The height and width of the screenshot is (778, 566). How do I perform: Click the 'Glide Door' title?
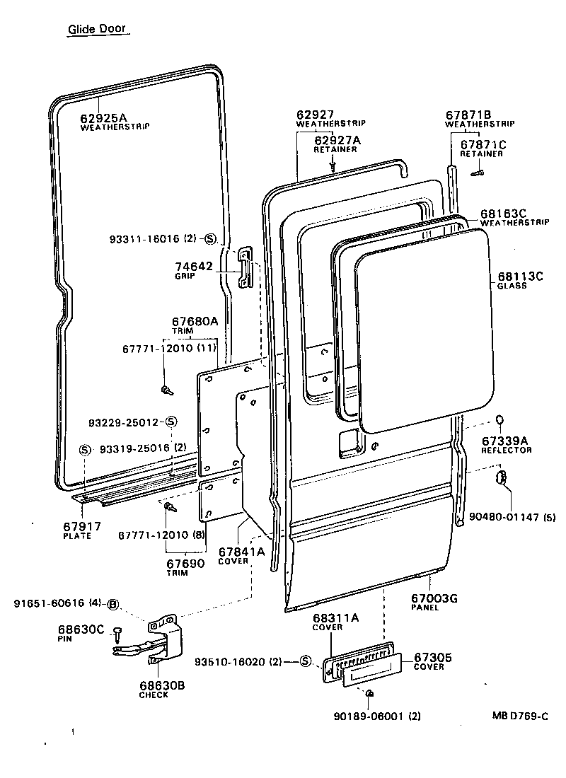(98, 30)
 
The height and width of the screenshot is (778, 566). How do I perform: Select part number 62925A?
(105, 117)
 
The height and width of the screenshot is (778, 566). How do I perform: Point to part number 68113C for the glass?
(520, 277)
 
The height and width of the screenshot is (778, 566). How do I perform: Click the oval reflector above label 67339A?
(499, 422)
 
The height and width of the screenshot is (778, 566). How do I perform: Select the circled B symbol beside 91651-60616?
(113, 603)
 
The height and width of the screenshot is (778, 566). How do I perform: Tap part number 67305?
(433, 657)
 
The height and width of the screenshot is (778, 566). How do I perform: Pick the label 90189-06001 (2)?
(376, 716)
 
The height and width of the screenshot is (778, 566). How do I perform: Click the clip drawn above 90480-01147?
(501, 477)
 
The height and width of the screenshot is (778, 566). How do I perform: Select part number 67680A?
(195, 321)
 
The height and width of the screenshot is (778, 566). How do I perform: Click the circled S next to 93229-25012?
(171, 422)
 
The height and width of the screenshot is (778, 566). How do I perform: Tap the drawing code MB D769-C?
(520, 715)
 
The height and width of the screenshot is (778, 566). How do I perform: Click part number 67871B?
(468, 115)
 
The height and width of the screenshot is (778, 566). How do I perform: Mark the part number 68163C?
(504, 213)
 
